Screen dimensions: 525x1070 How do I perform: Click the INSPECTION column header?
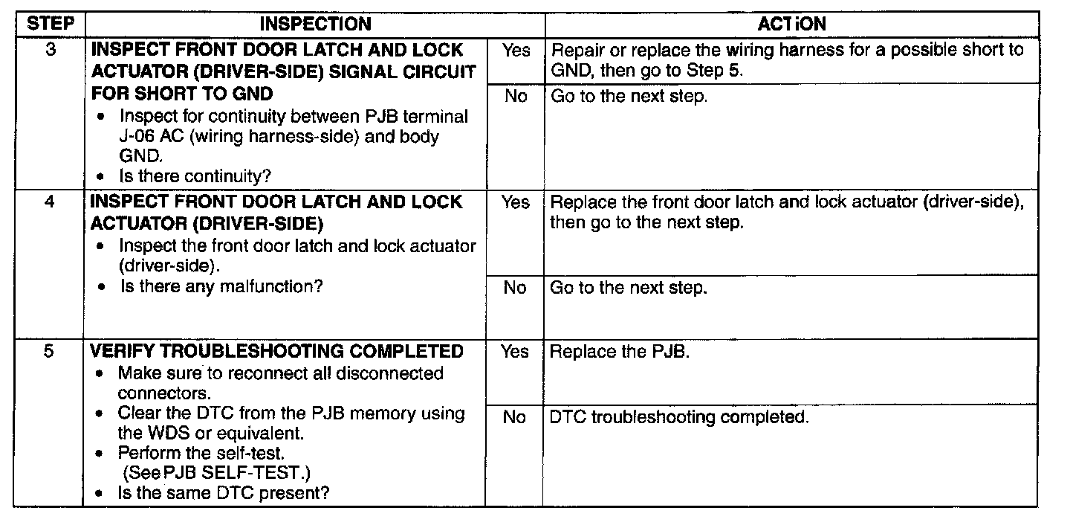[315, 24]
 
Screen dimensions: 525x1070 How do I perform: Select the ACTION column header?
[791, 24]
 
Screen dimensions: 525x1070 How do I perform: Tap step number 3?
[48, 51]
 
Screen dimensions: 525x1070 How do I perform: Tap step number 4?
[48, 203]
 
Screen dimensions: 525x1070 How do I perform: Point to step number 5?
[48, 352]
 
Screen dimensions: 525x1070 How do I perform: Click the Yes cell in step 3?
[515, 51]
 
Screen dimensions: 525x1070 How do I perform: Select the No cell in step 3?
[515, 97]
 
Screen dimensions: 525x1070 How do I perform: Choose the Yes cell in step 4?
[515, 203]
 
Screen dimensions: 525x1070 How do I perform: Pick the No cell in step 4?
[515, 288]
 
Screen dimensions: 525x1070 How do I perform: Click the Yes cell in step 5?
[515, 352]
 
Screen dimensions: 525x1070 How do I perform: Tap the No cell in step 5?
[515, 417]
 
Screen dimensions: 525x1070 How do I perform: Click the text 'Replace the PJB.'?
[620, 352]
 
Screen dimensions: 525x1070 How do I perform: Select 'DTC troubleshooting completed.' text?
[678, 417]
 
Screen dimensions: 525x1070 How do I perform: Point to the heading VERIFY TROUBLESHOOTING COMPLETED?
[276, 352]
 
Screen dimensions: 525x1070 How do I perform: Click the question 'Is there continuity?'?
[195, 177]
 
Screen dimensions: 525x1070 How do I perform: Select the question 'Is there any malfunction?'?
[221, 286]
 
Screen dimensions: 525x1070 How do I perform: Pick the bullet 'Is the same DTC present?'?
[223, 492]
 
